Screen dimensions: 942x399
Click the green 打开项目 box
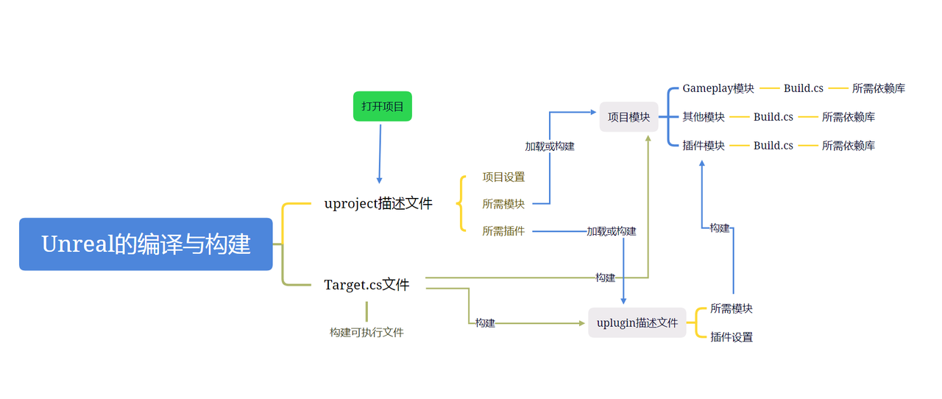[x=382, y=106]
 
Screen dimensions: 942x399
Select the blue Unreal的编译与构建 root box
[x=146, y=244]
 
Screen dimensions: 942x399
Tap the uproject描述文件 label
[x=378, y=204]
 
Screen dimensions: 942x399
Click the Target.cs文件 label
[x=366, y=284]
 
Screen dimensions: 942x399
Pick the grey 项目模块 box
[x=628, y=116]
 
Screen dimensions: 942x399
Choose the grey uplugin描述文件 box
[x=637, y=323]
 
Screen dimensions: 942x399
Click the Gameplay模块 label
[x=718, y=88]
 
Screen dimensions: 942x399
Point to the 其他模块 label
[x=703, y=116]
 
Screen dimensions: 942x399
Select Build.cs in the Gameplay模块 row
[x=803, y=88]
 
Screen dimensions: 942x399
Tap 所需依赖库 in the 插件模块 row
[x=849, y=146]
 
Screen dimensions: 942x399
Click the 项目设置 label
[x=503, y=177]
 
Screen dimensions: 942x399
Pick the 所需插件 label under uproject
[x=503, y=231]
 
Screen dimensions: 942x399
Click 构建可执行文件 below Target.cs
[x=366, y=333]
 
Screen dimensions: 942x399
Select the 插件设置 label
[x=732, y=337]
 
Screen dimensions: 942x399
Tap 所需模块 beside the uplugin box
[x=732, y=308]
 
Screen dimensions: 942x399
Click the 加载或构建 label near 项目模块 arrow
[x=550, y=146]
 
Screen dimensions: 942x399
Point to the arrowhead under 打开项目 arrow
[x=379, y=180]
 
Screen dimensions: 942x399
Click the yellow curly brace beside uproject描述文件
[x=461, y=204]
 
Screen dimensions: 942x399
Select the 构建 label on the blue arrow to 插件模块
[x=720, y=228]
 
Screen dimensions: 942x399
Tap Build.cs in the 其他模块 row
[x=773, y=117]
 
